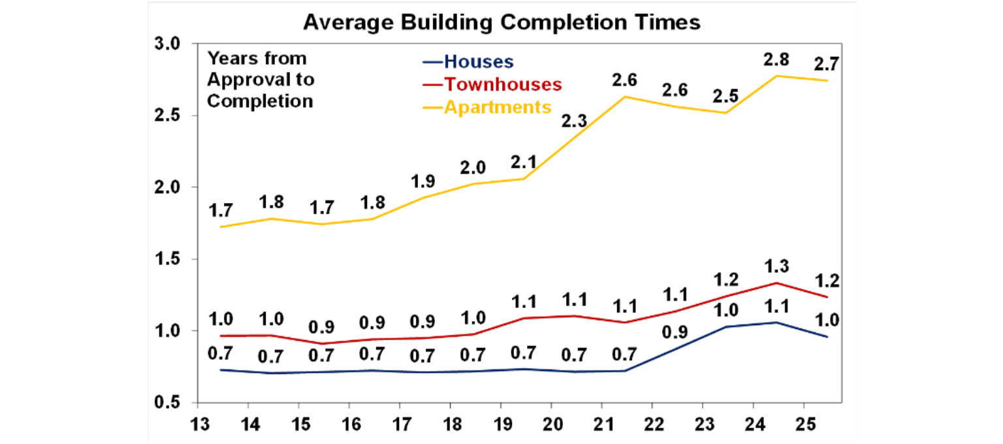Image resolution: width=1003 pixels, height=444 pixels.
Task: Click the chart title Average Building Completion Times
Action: click(x=501, y=22)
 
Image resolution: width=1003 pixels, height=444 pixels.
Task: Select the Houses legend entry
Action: click(x=478, y=62)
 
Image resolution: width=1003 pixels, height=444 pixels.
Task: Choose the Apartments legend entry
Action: click(x=498, y=106)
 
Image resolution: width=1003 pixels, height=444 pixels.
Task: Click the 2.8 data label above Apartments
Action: click(x=776, y=60)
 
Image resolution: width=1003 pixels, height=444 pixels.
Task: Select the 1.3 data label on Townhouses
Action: click(x=776, y=266)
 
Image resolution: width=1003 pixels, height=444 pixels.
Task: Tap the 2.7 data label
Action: click(x=826, y=65)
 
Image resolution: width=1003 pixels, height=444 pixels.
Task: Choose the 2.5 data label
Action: click(x=725, y=97)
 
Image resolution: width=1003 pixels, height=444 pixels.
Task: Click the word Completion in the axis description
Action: click(x=260, y=101)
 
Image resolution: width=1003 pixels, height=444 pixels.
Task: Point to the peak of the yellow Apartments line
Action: click(x=776, y=76)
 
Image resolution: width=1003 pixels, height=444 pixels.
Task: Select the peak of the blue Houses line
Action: click(x=776, y=323)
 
